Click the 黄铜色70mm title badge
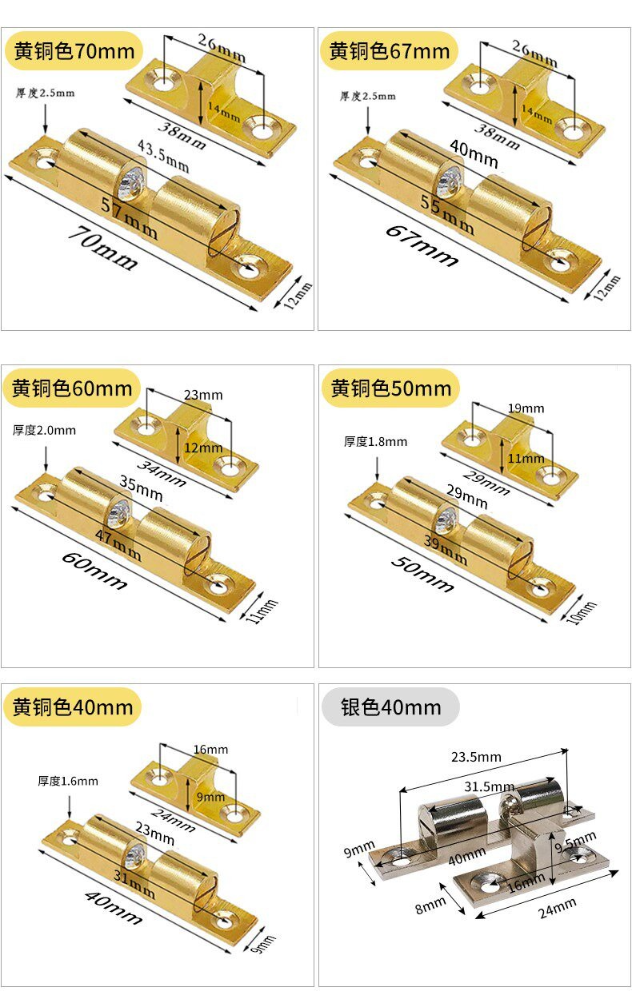(x=74, y=51)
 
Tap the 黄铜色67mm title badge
(x=389, y=51)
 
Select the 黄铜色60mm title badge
(x=72, y=388)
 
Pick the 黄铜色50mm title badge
(x=390, y=388)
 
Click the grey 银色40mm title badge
(x=390, y=706)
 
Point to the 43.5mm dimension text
(x=162, y=156)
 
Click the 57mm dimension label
(x=129, y=217)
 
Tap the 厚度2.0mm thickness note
(x=44, y=430)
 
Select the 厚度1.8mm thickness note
(x=375, y=441)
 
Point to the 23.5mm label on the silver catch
(x=476, y=757)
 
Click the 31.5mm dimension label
(x=490, y=786)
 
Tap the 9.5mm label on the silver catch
(x=575, y=842)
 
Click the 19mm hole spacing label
(x=526, y=408)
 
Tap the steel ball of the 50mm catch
(x=445, y=519)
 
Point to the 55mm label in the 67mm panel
(x=447, y=215)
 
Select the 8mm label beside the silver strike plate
(x=430, y=905)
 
